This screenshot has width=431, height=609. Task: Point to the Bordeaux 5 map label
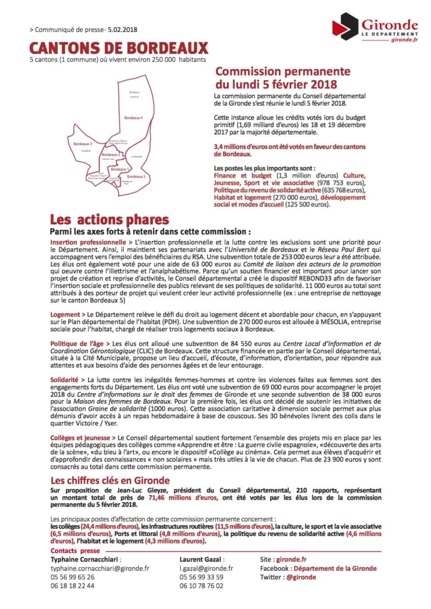click(137, 177)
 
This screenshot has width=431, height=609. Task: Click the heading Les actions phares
click(109, 219)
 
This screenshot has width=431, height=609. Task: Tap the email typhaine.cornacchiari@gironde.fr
click(100, 569)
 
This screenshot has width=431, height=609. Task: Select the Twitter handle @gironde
click(301, 577)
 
